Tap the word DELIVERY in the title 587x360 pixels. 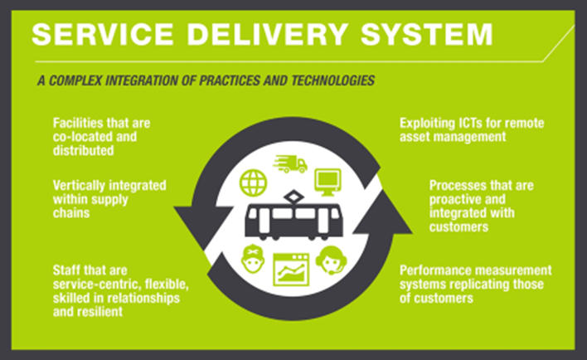coord(268,35)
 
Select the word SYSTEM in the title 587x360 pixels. coord(426,35)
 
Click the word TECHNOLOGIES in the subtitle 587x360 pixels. coord(332,80)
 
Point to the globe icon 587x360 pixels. coord(253,183)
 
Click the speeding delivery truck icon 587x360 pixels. coord(290,164)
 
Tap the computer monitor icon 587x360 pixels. coord(327,182)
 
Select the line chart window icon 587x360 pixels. coord(291,270)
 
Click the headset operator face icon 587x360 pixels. coord(331,260)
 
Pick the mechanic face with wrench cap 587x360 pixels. coord(253,260)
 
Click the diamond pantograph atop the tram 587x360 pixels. coord(293,197)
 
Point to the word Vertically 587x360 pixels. coord(79,186)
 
